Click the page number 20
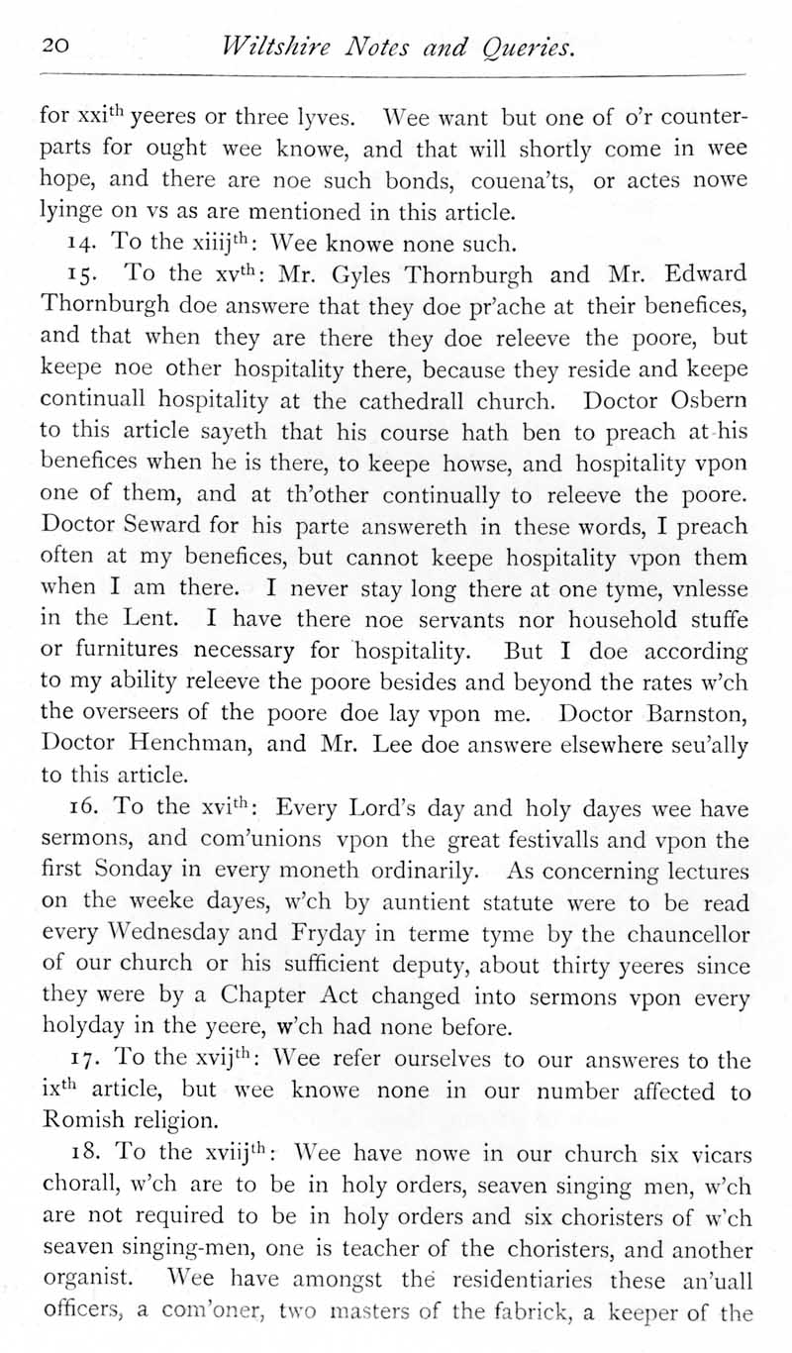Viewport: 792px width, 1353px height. pyautogui.click(x=54, y=45)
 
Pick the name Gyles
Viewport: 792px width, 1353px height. pyautogui.click(x=356, y=275)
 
